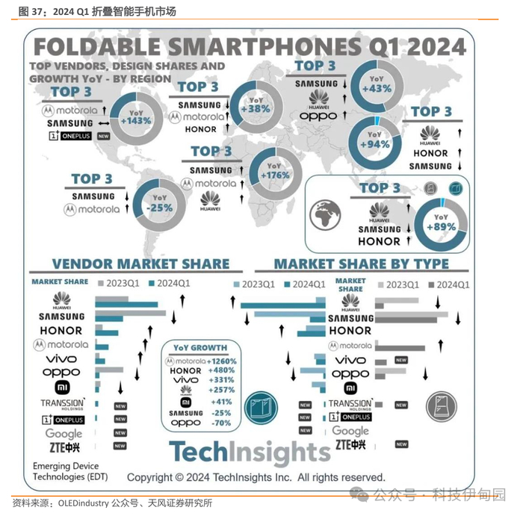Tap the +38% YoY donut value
click(x=256, y=108)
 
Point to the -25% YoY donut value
click(x=159, y=207)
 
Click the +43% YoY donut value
click(x=376, y=88)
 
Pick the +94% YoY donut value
click(x=375, y=144)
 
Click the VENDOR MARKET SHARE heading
click(x=140, y=264)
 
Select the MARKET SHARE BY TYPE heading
click(x=361, y=264)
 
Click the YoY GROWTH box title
click(x=199, y=348)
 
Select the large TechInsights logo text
click(x=249, y=453)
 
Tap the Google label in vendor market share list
click(x=64, y=433)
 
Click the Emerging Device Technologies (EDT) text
click(x=66, y=472)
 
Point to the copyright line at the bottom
click(x=256, y=477)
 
